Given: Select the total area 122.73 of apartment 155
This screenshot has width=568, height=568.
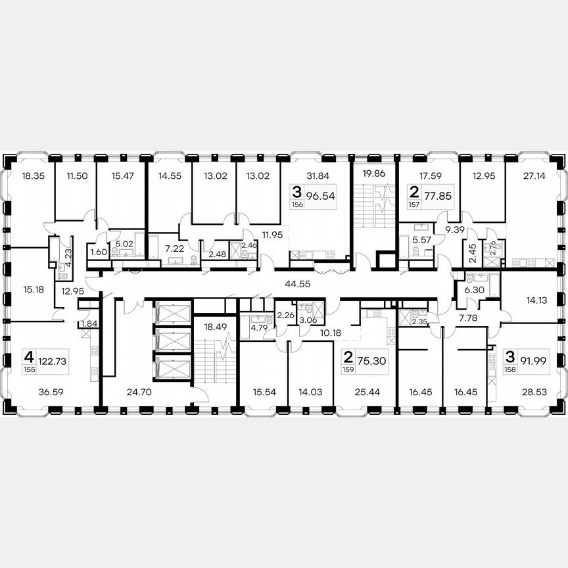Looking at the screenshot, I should click(53, 360).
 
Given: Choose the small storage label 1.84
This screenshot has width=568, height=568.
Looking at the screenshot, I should click(87, 324).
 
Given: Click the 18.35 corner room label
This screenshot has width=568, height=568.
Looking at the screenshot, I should click(32, 176).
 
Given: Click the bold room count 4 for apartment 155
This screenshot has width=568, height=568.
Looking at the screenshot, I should click(28, 357).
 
